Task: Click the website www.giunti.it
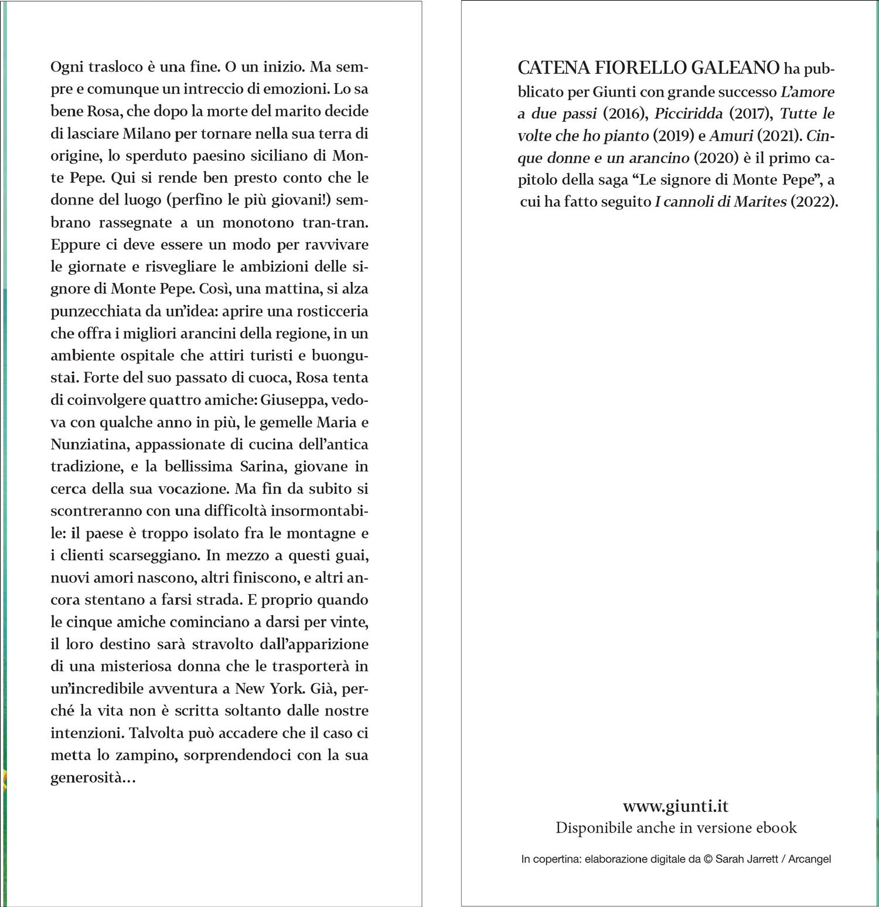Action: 676,806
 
